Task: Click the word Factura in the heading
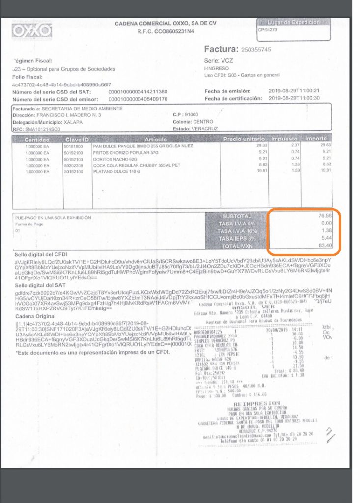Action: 221,49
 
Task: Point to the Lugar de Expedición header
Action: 293,22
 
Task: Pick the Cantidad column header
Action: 37,140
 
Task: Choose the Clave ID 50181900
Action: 74,146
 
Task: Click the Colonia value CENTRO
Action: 204,122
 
